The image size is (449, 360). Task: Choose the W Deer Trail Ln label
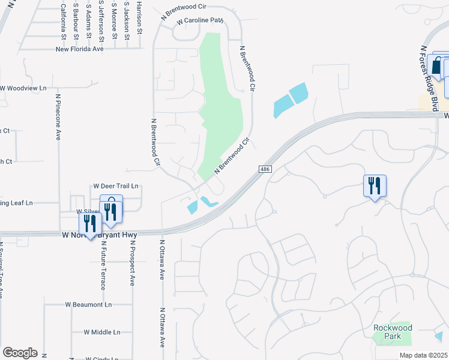coord(116,186)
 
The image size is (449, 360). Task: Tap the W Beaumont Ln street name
coord(89,304)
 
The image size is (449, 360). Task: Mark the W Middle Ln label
coord(102,332)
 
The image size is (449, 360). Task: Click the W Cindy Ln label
coord(101,359)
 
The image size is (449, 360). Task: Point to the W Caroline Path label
coord(199,21)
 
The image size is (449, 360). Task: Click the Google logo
coord(20,353)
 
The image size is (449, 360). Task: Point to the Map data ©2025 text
coord(423,355)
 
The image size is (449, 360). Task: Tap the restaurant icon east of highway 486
coord(375,186)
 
